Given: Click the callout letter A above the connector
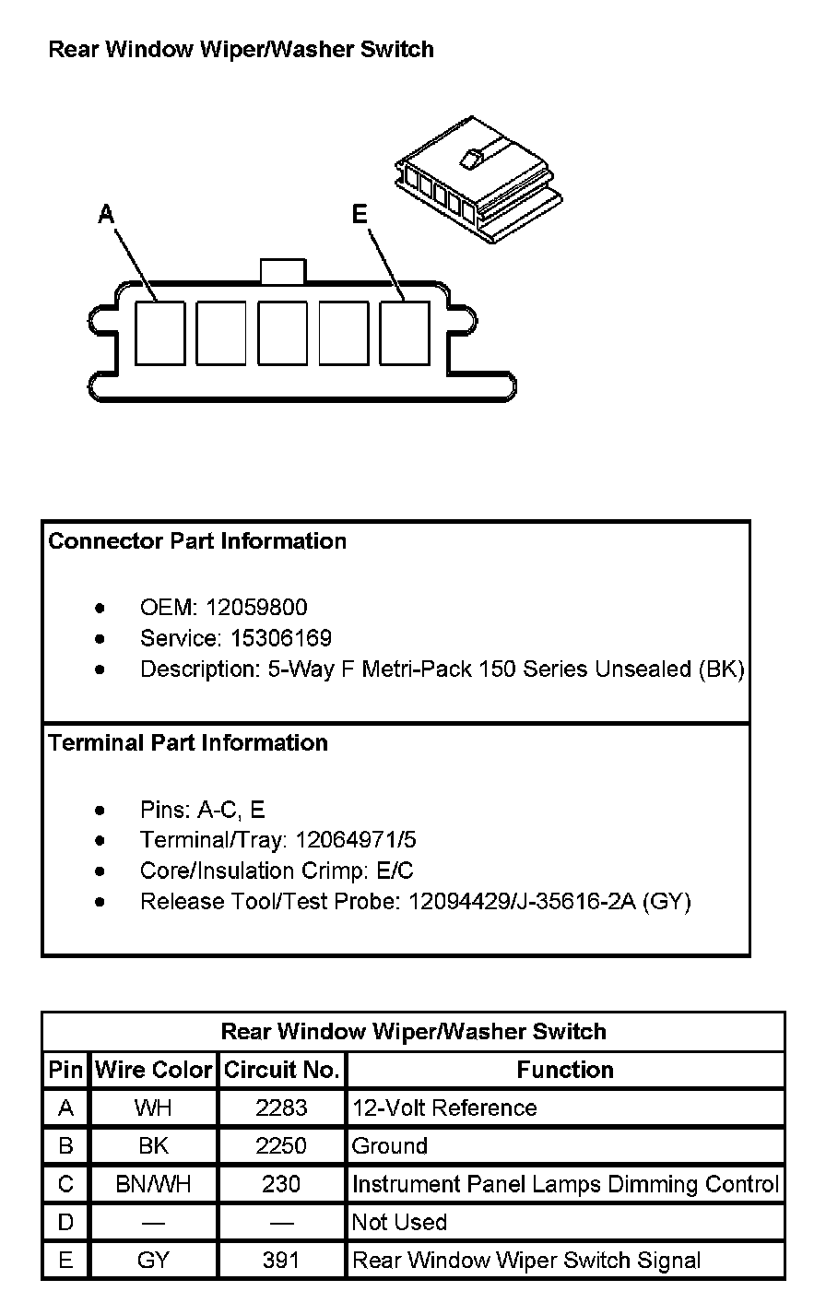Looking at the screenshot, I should [x=107, y=215].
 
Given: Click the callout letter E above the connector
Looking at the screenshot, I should [x=360, y=215].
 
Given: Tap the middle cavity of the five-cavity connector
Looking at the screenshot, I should [x=282, y=333].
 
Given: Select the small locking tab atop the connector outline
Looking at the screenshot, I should [x=282, y=271].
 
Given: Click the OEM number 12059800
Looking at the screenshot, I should [x=257, y=608].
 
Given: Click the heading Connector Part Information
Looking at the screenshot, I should [x=197, y=541].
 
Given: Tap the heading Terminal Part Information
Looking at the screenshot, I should [x=188, y=743].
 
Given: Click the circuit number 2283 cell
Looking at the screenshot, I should [x=281, y=1108].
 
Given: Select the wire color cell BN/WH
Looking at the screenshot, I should [x=153, y=1184].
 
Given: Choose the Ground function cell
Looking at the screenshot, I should [x=390, y=1146].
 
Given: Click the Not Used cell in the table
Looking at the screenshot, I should [x=399, y=1223].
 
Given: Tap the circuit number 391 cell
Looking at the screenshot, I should [x=281, y=1261].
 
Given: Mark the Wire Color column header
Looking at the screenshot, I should [x=153, y=1070].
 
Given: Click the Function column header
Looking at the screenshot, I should [x=565, y=1070].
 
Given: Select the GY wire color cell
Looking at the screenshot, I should [x=153, y=1261].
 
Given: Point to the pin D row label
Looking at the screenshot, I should [x=65, y=1223].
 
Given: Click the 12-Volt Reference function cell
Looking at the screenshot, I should [x=444, y=1108].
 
